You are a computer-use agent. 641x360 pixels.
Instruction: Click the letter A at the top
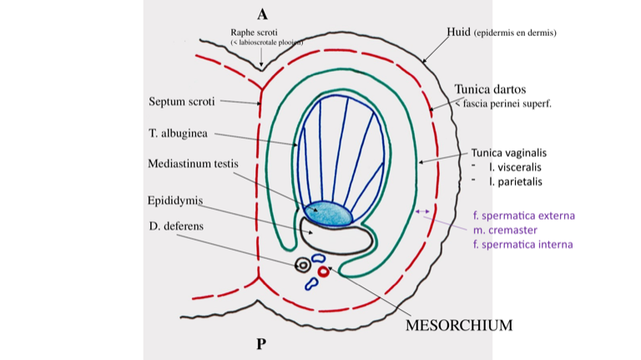coord(262,13)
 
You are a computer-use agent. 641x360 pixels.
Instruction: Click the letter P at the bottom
coord(261,343)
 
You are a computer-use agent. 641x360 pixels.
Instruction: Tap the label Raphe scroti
coord(252,33)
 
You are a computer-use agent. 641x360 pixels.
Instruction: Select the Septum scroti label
coord(182,101)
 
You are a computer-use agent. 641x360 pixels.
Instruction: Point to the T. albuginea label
coord(178,133)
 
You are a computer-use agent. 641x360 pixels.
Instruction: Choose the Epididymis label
coord(174,200)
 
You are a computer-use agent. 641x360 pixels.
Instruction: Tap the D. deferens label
coord(175,226)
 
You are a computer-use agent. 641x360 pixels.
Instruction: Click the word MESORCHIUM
coord(458,325)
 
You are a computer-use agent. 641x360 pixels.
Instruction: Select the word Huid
coord(458,32)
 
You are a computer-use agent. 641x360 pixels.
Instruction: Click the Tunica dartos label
coord(490,89)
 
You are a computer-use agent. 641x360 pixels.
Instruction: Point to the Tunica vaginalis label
coord(508,153)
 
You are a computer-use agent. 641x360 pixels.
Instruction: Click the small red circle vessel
coord(323,271)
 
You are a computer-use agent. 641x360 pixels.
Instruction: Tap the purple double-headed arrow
coord(422,211)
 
